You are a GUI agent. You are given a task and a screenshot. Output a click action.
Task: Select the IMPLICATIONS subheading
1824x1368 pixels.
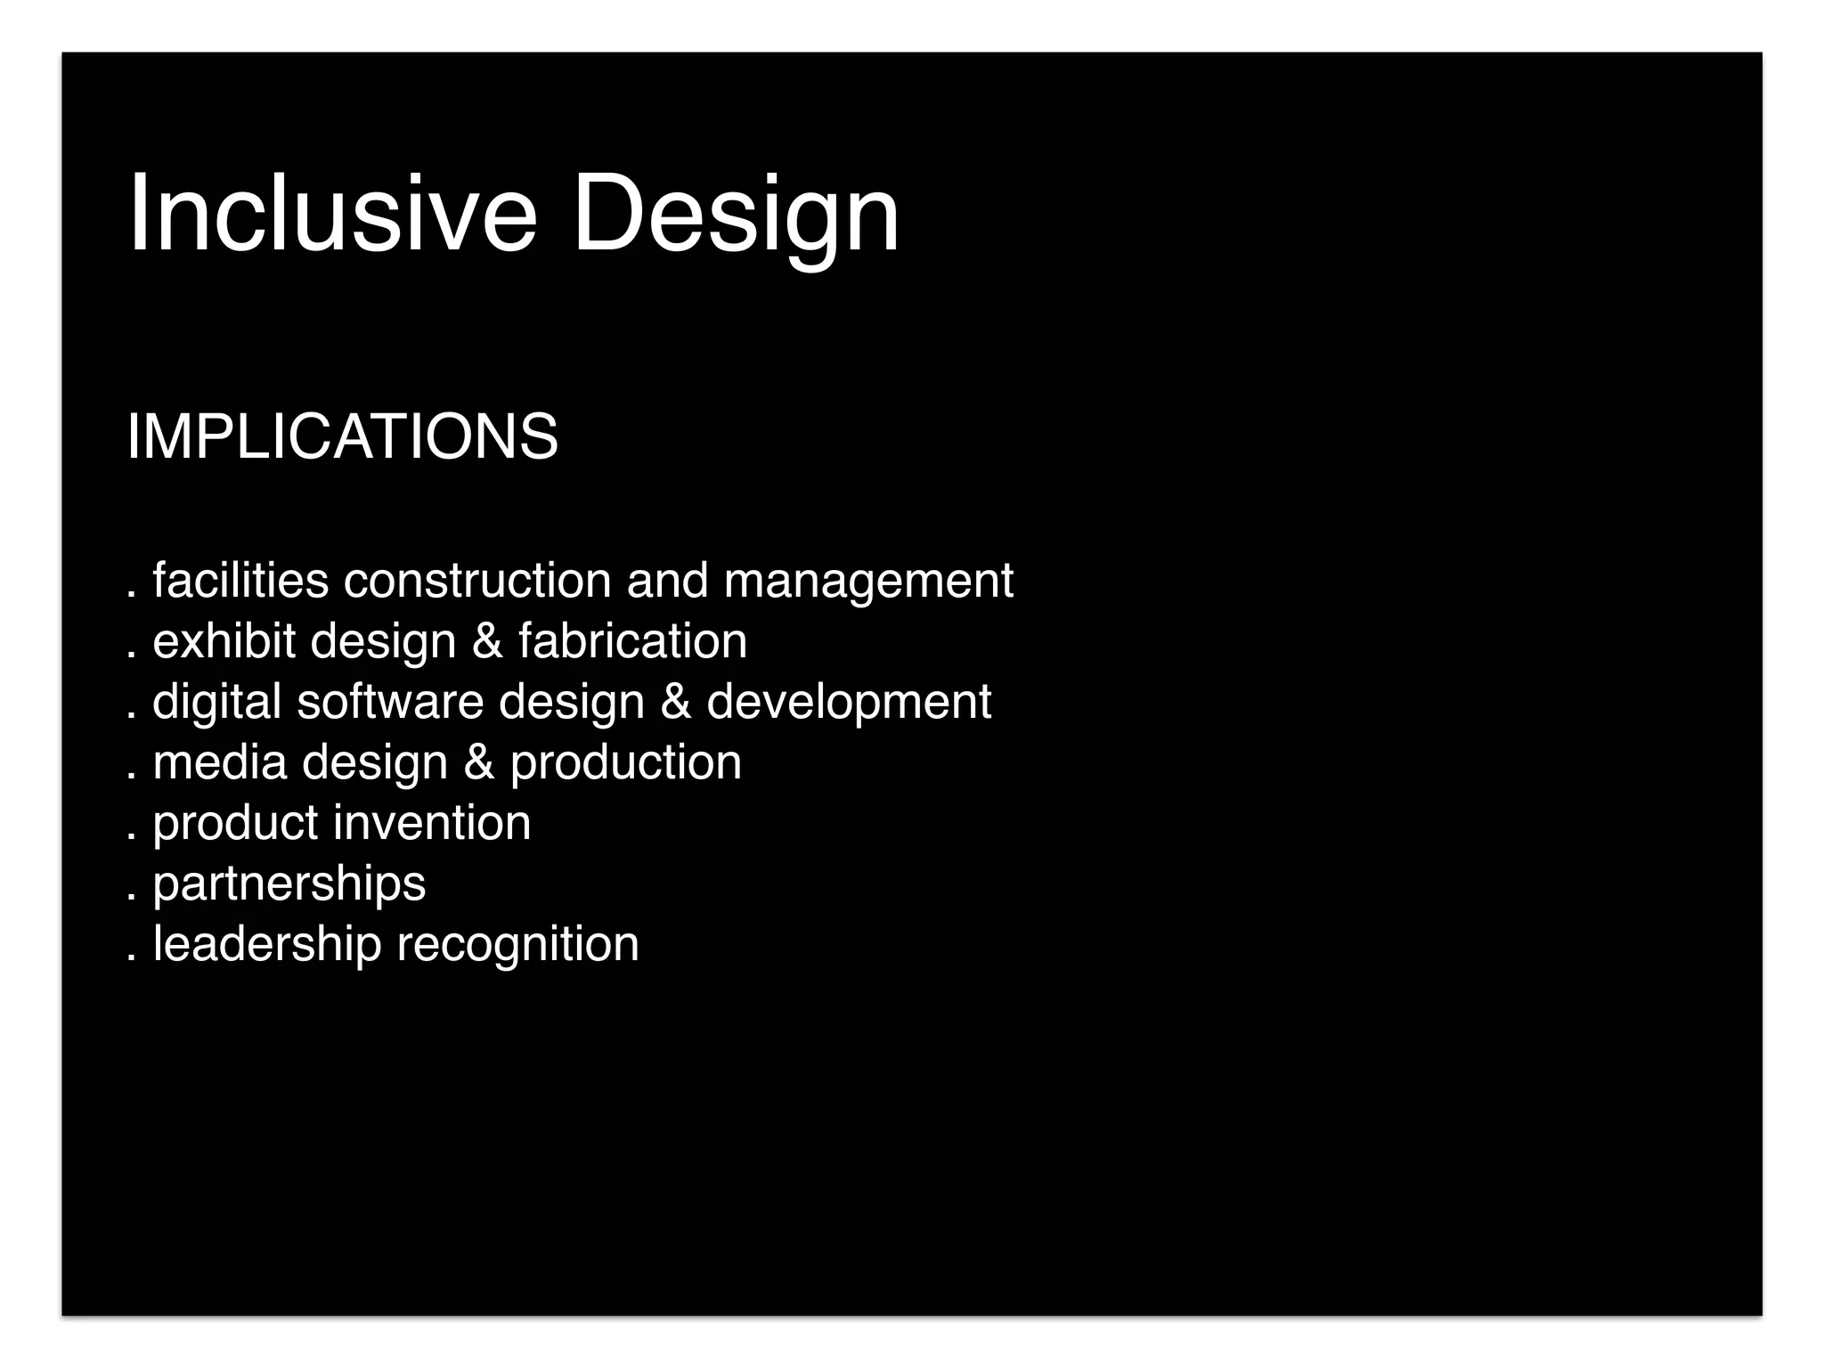click(343, 436)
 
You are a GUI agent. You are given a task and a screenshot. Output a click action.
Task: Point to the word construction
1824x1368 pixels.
click(477, 581)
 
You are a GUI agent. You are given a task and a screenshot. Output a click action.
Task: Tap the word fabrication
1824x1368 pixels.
click(632, 641)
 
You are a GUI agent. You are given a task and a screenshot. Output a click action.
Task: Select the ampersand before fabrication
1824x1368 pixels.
click(487, 642)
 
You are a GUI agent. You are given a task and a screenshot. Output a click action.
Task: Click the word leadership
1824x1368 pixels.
click(267, 944)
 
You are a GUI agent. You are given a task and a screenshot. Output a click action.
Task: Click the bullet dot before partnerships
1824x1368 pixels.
click(132, 898)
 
